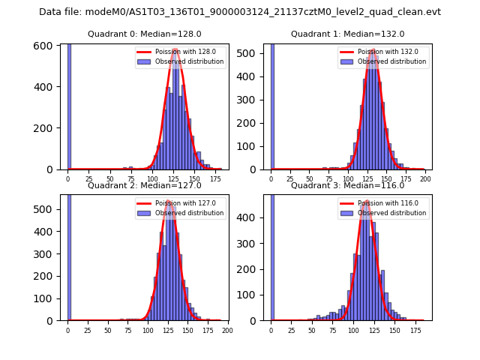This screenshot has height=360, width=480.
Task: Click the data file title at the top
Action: coord(240,12)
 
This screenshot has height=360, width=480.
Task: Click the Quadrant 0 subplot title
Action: coord(145,34)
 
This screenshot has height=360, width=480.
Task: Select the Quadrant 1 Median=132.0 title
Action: coord(347,34)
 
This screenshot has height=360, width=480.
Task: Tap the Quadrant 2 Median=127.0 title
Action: coord(145,185)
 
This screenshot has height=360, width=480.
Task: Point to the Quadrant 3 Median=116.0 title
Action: coord(347,185)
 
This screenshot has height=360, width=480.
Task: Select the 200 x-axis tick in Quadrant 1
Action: coord(424,179)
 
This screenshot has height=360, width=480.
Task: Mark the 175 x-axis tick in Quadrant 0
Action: coord(216,179)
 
